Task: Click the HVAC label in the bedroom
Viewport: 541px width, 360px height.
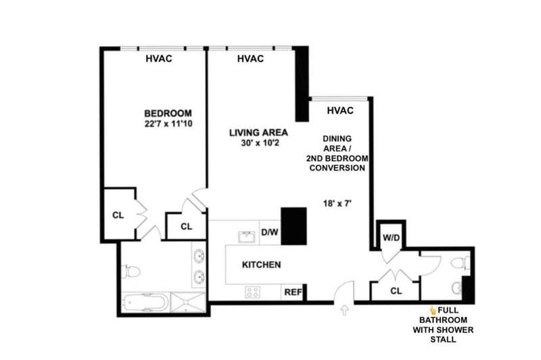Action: pos(159,58)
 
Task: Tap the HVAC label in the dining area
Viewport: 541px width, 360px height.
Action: pos(340,110)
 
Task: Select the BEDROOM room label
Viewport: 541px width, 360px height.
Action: pos(168,113)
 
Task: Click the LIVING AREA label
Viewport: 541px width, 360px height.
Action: pos(258,132)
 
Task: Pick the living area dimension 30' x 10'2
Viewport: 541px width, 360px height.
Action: pos(258,143)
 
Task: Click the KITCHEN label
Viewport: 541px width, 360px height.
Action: pos(261,265)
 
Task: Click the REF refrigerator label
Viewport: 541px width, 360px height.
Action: pos(292,292)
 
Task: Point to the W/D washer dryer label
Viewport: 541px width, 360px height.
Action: pos(391,238)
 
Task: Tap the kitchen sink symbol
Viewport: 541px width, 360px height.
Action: pos(245,236)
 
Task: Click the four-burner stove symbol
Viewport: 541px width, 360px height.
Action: pos(253,292)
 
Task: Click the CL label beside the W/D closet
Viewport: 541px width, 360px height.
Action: pos(396,292)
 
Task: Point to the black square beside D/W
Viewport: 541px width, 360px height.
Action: pos(294,224)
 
